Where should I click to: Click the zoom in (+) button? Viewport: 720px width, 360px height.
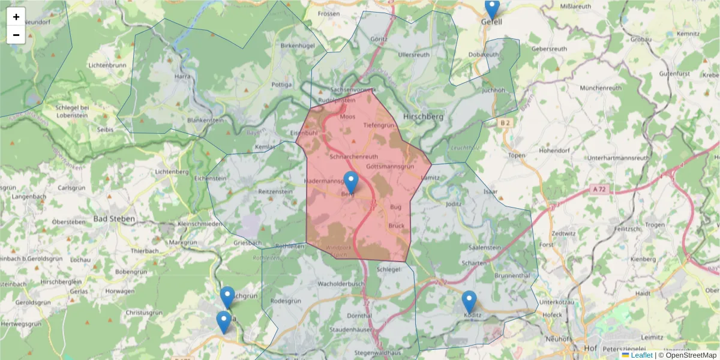click(16, 16)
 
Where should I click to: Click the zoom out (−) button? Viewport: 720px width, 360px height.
click(16, 35)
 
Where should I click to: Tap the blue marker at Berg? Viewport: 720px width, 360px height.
click(350, 182)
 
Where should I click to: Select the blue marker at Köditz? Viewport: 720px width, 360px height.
click(469, 302)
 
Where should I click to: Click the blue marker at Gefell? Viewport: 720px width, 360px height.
click(492, 9)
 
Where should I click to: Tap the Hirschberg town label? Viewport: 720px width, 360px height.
click(423, 116)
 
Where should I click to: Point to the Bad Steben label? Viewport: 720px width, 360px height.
click(114, 219)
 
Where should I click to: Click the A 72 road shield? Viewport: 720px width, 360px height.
click(598, 188)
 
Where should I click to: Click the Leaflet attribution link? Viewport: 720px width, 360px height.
click(641, 355)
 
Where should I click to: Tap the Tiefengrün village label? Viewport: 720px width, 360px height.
click(379, 125)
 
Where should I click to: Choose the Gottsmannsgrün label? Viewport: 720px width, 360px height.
click(390, 166)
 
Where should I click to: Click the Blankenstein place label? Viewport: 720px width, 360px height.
click(205, 120)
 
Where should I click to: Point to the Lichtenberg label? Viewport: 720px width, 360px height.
click(172, 172)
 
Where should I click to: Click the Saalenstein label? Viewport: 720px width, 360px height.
click(484, 247)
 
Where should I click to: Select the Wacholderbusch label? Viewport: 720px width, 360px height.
click(341, 283)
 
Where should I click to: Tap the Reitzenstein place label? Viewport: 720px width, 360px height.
click(275, 191)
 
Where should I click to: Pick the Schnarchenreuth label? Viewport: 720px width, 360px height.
click(354, 156)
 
